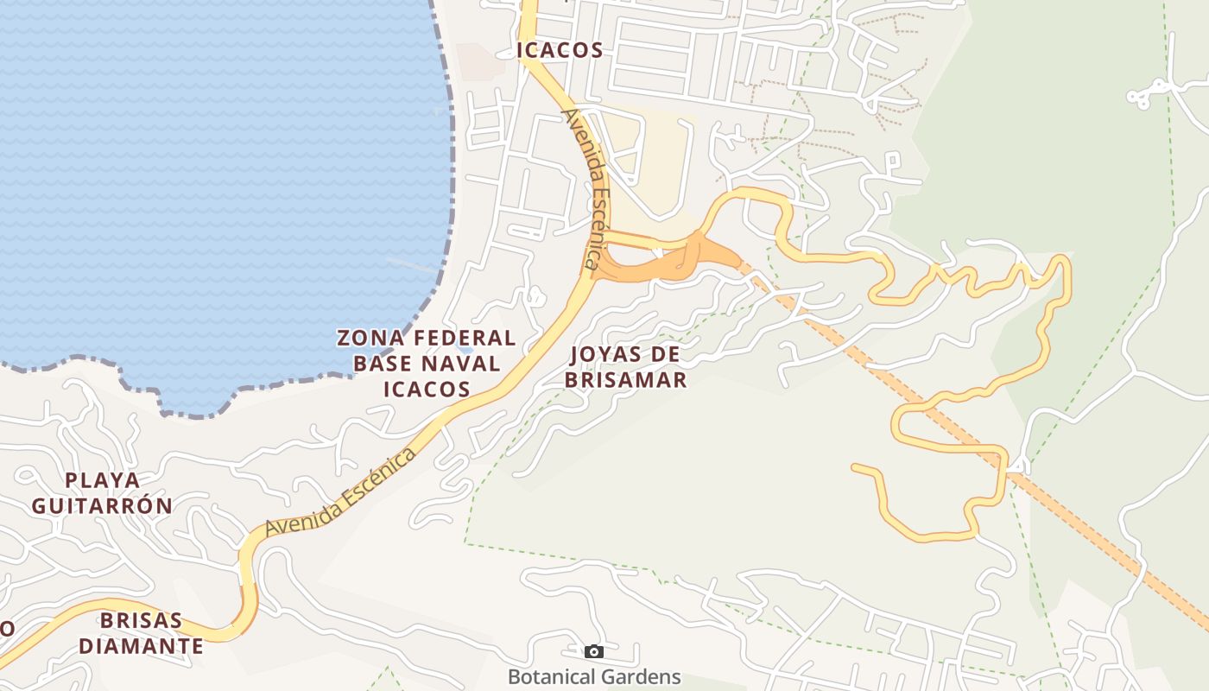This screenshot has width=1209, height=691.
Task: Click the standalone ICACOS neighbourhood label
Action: tap(560, 50)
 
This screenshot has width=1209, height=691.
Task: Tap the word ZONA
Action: tap(368, 338)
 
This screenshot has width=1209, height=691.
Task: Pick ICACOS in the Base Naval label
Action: tap(427, 389)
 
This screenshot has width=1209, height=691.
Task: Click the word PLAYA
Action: tap(103, 479)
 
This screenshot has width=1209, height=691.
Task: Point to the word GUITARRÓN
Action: tap(103, 505)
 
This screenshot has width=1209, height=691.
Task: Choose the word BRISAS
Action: tap(142, 620)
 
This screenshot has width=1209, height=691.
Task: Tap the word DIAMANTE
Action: tap(142, 646)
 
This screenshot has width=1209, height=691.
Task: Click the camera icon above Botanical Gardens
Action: tap(593, 651)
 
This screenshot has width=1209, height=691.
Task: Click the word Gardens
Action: tap(643, 677)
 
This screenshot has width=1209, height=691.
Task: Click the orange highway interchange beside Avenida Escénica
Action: tap(682, 257)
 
